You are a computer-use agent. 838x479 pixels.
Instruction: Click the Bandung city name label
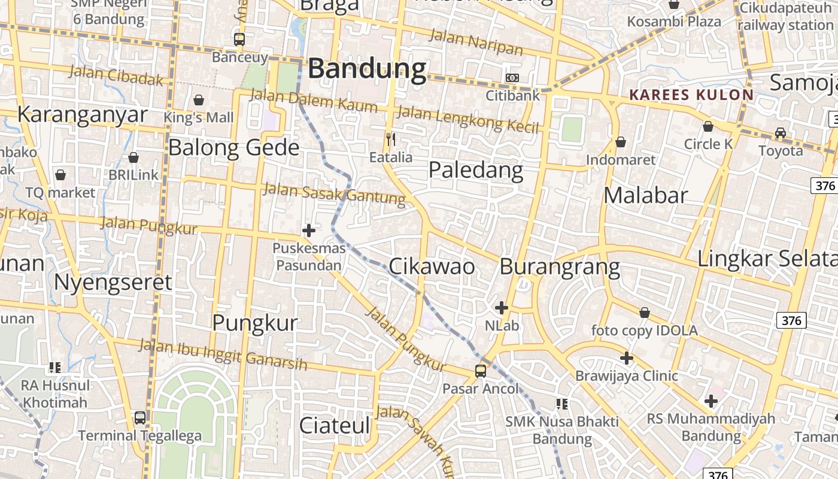point(366,69)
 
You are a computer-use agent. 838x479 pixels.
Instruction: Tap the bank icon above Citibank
point(512,78)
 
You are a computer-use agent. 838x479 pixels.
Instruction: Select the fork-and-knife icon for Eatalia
point(391,140)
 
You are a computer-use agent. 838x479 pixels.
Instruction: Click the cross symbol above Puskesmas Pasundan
point(309,230)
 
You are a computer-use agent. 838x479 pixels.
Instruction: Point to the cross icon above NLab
point(502,308)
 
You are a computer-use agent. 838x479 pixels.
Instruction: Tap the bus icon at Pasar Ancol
point(481,371)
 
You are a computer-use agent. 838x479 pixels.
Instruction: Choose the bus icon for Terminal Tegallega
point(140,418)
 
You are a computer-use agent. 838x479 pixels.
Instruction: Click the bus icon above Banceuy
point(239,40)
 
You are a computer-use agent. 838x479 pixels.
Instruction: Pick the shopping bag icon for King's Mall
point(199,99)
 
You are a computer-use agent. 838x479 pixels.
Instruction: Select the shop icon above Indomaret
point(621,142)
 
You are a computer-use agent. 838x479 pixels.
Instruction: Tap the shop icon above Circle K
point(708,126)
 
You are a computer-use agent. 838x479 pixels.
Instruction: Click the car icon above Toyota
point(781,132)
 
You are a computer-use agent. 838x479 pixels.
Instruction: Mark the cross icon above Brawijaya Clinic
point(627,358)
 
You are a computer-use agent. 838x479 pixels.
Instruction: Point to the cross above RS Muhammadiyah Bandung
point(711,401)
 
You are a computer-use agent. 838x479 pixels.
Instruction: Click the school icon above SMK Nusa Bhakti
point(561,404)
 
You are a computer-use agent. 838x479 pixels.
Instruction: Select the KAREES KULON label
point(691,95)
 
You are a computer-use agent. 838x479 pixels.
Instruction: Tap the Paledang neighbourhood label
point(476,171)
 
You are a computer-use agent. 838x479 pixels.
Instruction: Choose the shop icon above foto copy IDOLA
point(645,313)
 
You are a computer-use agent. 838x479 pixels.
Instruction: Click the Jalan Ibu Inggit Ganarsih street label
point(223,354)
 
